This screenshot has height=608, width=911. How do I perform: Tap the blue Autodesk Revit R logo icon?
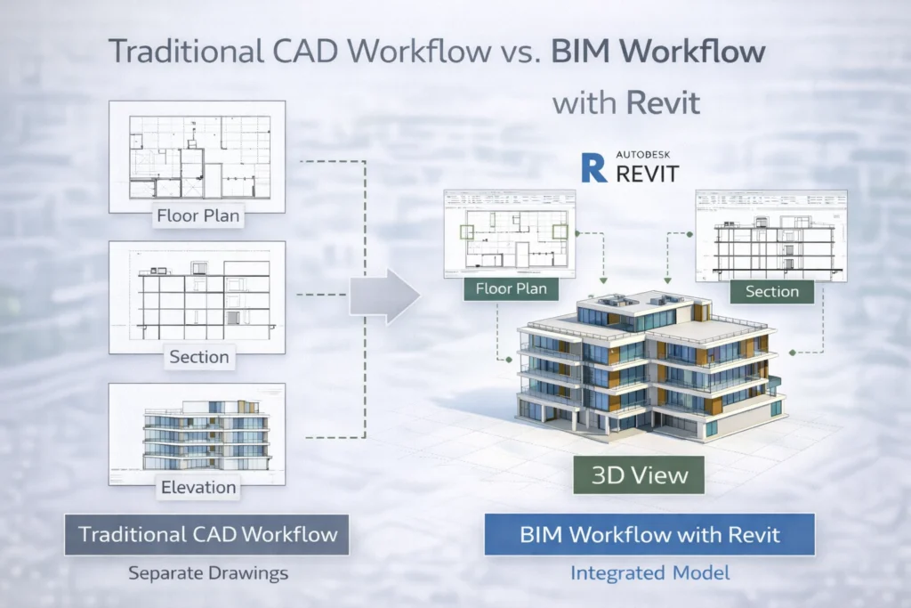pos(593,166)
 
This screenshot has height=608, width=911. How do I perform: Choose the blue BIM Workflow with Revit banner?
pos(649,535)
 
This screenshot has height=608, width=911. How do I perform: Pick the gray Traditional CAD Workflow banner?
pos(208,534)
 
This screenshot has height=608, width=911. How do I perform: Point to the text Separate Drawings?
pos(208,573)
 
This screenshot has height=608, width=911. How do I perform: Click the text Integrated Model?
pos(649,573)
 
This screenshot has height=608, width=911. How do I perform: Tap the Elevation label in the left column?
pos(198,487)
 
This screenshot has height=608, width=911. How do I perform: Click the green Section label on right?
pos(771,291)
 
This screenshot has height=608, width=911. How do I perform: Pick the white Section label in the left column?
pos(199,357)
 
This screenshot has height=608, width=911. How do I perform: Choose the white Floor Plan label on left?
pos(198,215)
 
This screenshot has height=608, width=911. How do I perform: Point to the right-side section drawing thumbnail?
pos(770,234)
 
